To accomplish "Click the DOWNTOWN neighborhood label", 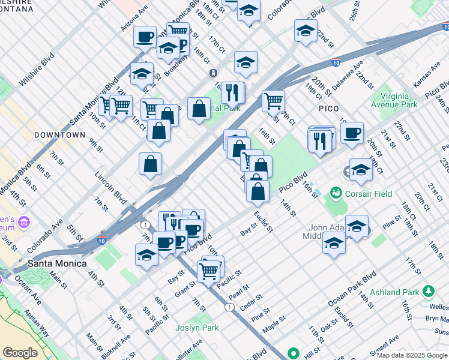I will click(x=59, y=135).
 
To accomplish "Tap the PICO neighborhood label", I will click(x=328, y=109).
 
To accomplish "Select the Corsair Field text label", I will click(x=369, y=194).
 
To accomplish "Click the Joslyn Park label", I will click(x=197, y=328).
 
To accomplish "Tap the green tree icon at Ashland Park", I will click(x=429, y=292).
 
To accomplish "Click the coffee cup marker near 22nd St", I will click(x=352, y=132).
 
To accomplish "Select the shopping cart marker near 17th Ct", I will click(x=274, y=101).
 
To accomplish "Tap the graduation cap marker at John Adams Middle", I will click(x=334, y=243).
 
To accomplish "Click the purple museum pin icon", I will click(x=24, y=223).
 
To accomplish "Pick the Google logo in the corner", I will click(x=20, y=353).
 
